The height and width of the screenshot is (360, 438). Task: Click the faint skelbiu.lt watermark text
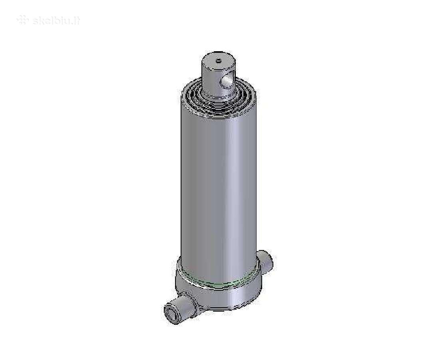56,21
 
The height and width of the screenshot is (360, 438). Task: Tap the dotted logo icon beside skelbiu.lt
23,20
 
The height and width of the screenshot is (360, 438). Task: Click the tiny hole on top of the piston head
219,60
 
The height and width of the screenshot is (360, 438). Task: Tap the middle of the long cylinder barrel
219,182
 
